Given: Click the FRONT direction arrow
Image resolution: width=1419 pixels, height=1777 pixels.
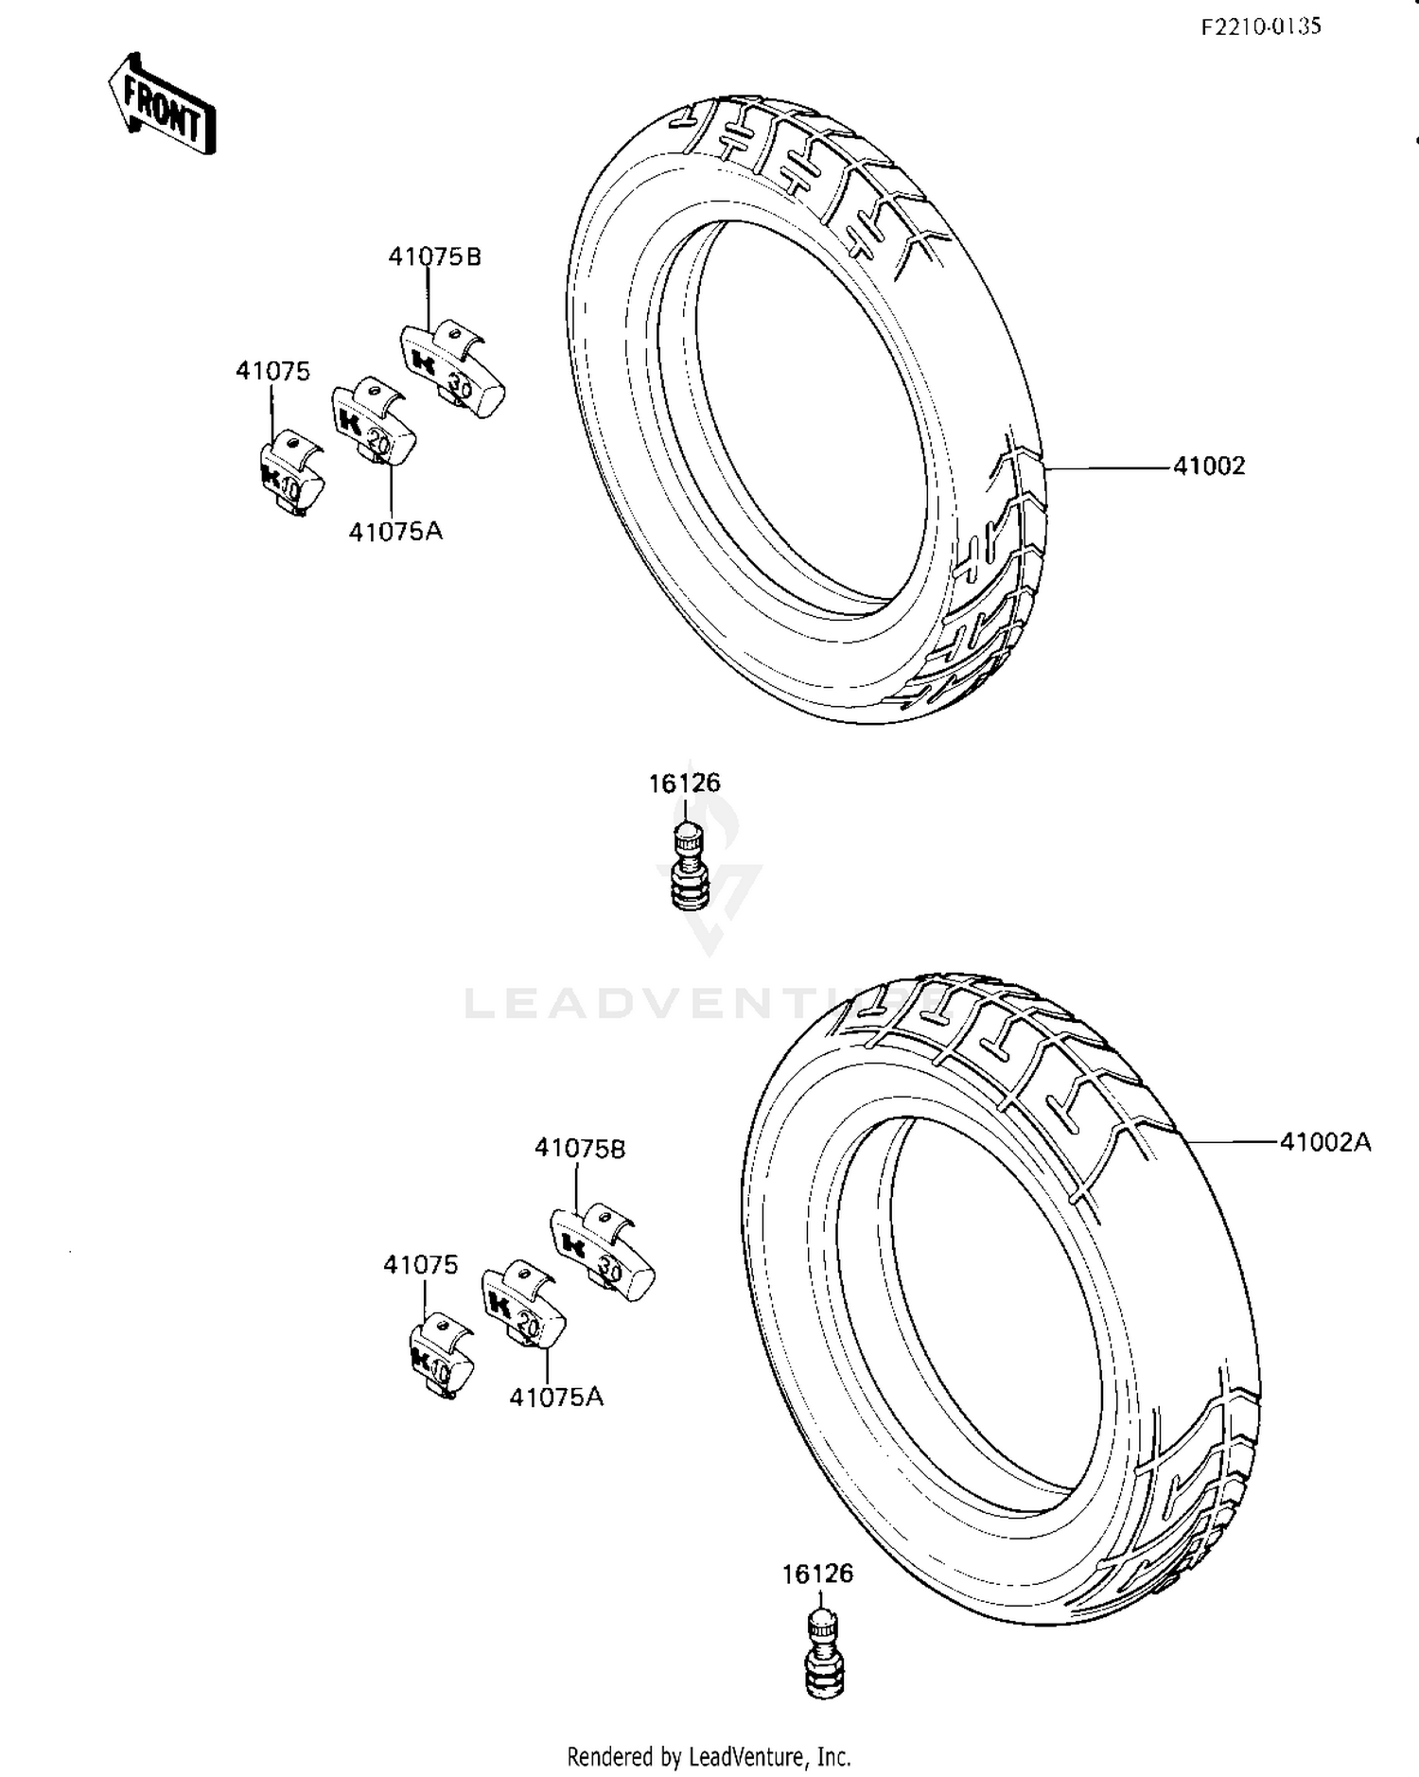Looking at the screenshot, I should pyautogui.click(x=162, y=105).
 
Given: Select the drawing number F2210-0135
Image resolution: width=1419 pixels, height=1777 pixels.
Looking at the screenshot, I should pyautogui.click(x=1260, y=26).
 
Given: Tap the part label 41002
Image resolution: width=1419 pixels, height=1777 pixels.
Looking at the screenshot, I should pyautogui.click(x=1209, y=466).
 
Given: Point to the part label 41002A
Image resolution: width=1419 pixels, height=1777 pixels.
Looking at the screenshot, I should pyautogui.click(x=1324, y=1142).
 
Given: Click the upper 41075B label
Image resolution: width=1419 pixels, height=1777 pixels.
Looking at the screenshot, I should pyautogui.click(x=434, y=256).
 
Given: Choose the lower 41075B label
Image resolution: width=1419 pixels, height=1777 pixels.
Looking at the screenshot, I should pyautogui.click(x=580, y=1148).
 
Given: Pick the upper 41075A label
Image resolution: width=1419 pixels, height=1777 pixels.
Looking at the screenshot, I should pyautogui.click(x=395, y=531).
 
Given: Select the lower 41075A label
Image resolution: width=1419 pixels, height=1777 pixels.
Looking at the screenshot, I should pyautogui.click(x=556, y=1397).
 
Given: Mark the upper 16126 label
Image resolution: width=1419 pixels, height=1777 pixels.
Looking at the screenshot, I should pyautogui.click(x=684, y=783).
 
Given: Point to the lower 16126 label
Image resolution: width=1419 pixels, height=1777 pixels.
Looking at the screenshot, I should pyautogui.click(x=817, y=1574).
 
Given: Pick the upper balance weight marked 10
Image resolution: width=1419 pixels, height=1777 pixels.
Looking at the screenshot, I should pyautogui.click(x=290, y=475).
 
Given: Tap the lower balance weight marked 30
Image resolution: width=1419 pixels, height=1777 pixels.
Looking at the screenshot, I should pyautogui.click(x=603, y=1250).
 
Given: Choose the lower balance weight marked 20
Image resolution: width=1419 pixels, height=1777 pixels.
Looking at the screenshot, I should pyautogui.click(x=523, y=1306).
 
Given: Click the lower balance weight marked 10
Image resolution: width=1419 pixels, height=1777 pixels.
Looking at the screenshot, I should pyautogui.click(x=441, y=1357).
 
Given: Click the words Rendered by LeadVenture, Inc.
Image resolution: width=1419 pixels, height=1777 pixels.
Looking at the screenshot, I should pyautogui.click(x=709, y=1756).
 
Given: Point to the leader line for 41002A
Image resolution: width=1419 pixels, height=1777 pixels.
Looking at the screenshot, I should pyautogui.click(x=1230, y=1142).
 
